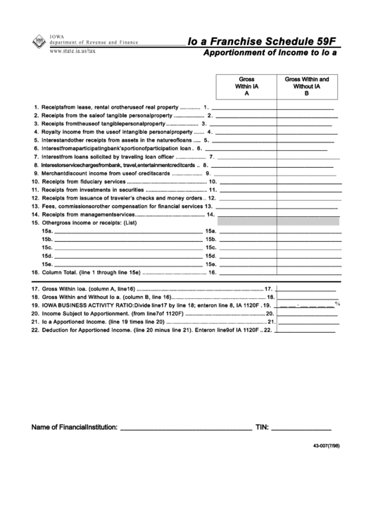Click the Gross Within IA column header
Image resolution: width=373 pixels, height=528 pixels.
click(246, 85)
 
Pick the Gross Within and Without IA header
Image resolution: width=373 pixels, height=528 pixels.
click(307, 85)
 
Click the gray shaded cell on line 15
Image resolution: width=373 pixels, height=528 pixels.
click(279, 221)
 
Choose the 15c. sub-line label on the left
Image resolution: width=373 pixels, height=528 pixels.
click(47, 247)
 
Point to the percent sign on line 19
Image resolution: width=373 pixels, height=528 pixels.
click(337, 304)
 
